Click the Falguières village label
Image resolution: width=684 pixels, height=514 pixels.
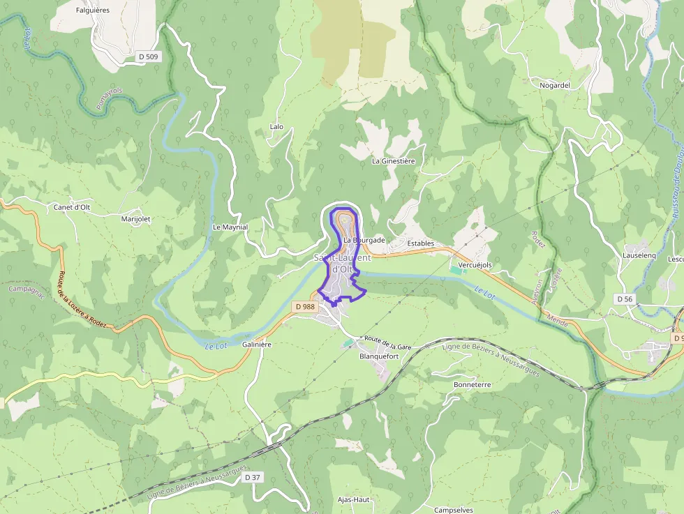pyautogui.click(x=93, y=10)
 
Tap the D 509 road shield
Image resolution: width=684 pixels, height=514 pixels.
pyautogui.click(x=148, y=57)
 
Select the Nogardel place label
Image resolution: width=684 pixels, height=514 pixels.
pyautogui.click(x=555, y=85)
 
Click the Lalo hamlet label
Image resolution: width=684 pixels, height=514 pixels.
pyautogui.click(x=276, y=127)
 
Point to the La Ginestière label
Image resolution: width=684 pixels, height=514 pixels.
pyautogui.click(x=393, y=161)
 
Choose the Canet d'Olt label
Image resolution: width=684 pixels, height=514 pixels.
pyautogui.click(x=72, y=207)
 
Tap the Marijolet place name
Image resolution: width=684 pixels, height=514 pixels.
pyautogui.click(x=135, y=218)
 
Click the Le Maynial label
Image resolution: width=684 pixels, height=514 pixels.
pyautogui.click(x=230, y=227)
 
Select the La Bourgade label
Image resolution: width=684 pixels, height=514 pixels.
pyautogui.click(x=364, y=240)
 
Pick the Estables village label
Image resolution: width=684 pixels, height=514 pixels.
pyautogui.click(x=421, y=243)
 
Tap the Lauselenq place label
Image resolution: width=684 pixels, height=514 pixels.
pyautogui.click(x=639, y=255)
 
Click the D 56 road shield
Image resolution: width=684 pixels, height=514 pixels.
pyautogui.click(x=625, y=298)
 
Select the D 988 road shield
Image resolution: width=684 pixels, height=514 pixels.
pyautogui.click(x=305, y=306)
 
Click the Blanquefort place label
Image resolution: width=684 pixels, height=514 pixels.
pyautogui.click(x=378, y=356)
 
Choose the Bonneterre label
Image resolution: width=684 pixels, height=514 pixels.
pyautogui.click(x=473, y=384)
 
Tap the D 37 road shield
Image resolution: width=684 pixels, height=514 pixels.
pyautogui.click(x=253, y=477)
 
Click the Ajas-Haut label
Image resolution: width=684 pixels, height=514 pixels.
pyautogui.click(x=353, y=499)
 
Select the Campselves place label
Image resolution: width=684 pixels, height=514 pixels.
pyautogui.click(x=454, y=510)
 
